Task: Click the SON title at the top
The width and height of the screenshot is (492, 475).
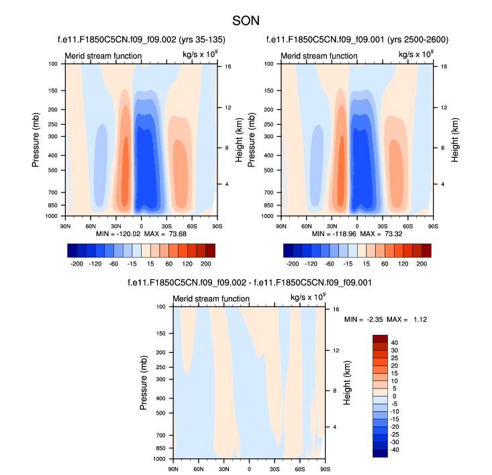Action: click(x=246, y=21)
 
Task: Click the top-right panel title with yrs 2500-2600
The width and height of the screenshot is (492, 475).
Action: click(x=356, y=40)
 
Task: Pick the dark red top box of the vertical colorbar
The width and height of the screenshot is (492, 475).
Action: click(x=381, y=338)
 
